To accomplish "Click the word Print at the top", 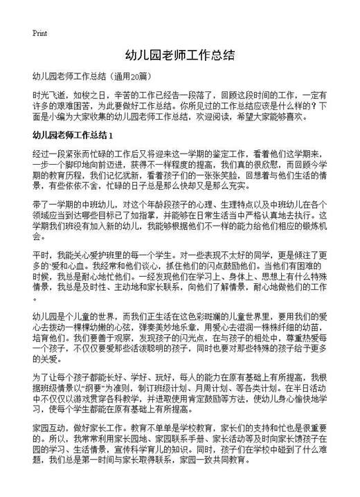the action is [39, 33].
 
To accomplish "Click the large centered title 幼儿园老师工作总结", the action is [179, 55].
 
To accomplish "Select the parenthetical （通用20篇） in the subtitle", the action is [132, 75].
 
